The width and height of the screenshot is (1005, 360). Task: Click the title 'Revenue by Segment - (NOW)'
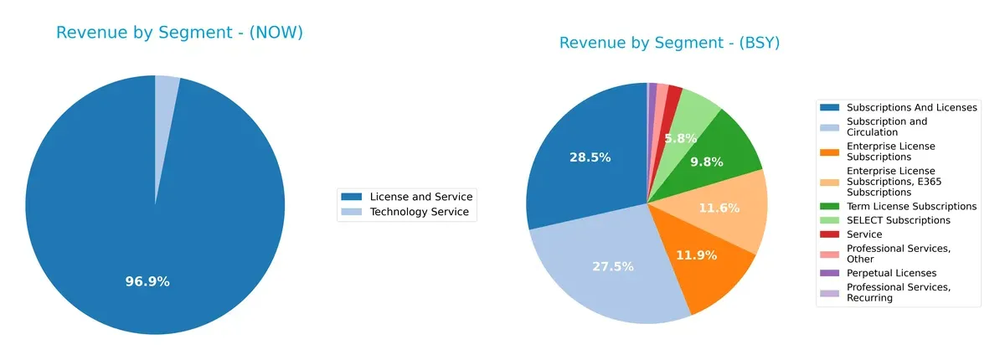pos(179,33)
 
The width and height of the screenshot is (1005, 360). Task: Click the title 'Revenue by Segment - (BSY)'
pos(669,43)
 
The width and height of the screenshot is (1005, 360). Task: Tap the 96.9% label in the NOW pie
pos(147,281)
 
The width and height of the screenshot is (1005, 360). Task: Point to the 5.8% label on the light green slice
pos(681,137)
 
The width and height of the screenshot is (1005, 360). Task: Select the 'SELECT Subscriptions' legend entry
pos(898,220)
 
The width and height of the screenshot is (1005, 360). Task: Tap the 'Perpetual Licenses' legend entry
pos(891,273)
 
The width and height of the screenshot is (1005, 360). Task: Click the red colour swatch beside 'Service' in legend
pos(829,234)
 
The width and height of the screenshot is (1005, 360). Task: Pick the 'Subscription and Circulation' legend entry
pos(887,126)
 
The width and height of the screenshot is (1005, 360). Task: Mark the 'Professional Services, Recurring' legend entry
pos(899,292)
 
